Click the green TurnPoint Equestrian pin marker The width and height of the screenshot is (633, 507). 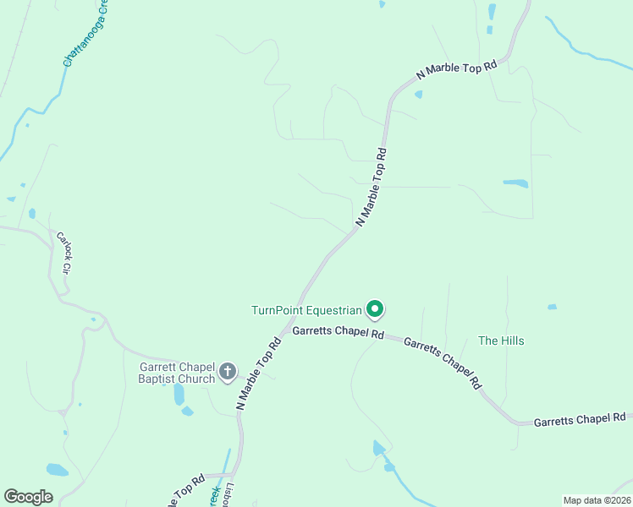pyautogui.click(x=374, y=310)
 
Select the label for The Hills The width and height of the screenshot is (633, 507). pyautogui.click(x=501, y=341)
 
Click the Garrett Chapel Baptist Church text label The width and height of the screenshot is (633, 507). pyautogui.click(x=178, y=373)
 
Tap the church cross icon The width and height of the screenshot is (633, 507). pyautogui.click(x=228, y=372)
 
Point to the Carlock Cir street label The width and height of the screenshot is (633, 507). pyautogui.click(x=63, y=252)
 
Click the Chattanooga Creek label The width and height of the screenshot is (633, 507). pyautogui.click(x=86, y=38)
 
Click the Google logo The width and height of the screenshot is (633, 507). pyautogui.click(x=29, y=497)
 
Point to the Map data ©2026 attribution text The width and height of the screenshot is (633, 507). pyautogui.click(x=597, y=499)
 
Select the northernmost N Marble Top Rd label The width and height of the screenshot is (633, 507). pyautogui.click(x=456, y=72)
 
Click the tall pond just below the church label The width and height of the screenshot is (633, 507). pyautogui.click(x=179, y=394)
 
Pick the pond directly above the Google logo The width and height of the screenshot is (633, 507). pyautogui.click(x=57, y=469)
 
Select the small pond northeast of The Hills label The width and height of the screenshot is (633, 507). pyautogui.click(x=553, y=307)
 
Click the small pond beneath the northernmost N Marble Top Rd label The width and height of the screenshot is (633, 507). pyautogui.click(x=418, y=95)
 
